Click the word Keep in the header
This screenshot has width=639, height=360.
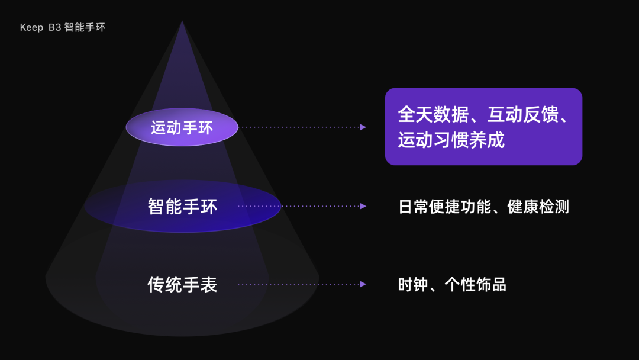point(31,28)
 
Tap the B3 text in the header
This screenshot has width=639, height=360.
point(55,28)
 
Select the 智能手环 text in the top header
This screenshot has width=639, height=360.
point(85,28)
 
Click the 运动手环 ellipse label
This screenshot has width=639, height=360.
point(182,127)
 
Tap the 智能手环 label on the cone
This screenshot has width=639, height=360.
point(182,206)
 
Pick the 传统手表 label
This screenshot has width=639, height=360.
point(182,284)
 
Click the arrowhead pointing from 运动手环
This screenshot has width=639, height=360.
point(363,127)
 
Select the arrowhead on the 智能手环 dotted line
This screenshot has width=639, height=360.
point(363,206)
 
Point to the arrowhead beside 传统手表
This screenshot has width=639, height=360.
point(363,284)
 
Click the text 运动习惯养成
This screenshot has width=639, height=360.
point(451,140)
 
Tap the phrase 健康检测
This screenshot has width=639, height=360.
point(538,207)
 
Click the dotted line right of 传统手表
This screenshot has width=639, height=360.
point(299,284)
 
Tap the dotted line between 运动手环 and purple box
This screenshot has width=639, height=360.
point(299,127)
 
